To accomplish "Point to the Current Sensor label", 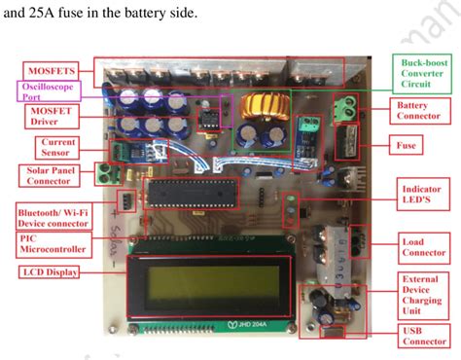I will tap(56, 147).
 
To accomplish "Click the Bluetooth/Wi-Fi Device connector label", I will tap(49, 214).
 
